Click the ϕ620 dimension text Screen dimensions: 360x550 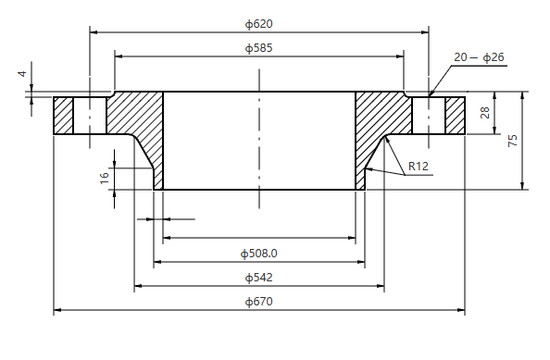tap(258, 23)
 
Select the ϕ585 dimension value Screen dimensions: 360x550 tap(258, 47)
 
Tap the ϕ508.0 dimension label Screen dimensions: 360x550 tap(259, 253)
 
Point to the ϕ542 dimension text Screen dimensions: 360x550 tap(258, 277)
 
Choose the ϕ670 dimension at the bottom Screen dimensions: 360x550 tap(258, 302)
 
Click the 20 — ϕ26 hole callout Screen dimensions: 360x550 tap(479, 57)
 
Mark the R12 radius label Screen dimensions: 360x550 tap(419, 168)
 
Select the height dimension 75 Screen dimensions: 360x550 tap(512, 141)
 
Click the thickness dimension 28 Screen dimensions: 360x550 tap(484, 113)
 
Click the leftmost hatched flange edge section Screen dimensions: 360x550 tap(63, 116)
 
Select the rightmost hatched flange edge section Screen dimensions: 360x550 tap(456, 116)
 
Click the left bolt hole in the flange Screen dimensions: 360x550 tap(90, 116)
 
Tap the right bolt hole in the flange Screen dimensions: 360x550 tap(429, 116)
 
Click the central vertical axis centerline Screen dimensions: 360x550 tap(259, 139)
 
